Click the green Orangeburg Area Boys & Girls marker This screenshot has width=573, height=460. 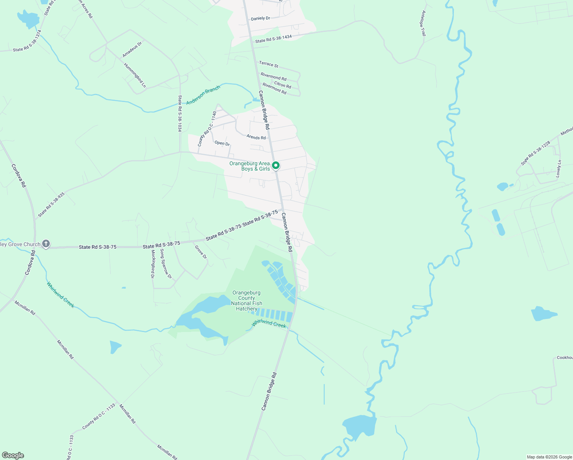276,166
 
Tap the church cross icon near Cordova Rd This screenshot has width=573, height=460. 46,244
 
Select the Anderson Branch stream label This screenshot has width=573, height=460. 203,95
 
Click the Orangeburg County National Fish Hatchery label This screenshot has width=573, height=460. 247,301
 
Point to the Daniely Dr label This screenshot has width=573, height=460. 260,18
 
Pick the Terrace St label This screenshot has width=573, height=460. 268,64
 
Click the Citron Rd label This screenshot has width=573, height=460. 283,85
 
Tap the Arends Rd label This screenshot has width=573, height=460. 256,137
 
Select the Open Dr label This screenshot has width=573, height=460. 222,143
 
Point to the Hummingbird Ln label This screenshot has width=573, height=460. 135,76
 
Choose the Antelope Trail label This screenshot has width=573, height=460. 423,23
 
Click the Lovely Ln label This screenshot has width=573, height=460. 559,169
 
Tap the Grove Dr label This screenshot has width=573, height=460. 201,252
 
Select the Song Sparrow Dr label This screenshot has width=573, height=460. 166,264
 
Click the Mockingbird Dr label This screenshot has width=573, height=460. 152,264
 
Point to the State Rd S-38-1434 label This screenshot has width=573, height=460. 273,39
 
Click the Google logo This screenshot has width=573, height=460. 13,455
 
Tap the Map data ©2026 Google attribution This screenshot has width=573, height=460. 549,457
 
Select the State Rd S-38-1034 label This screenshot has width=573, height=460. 179,113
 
